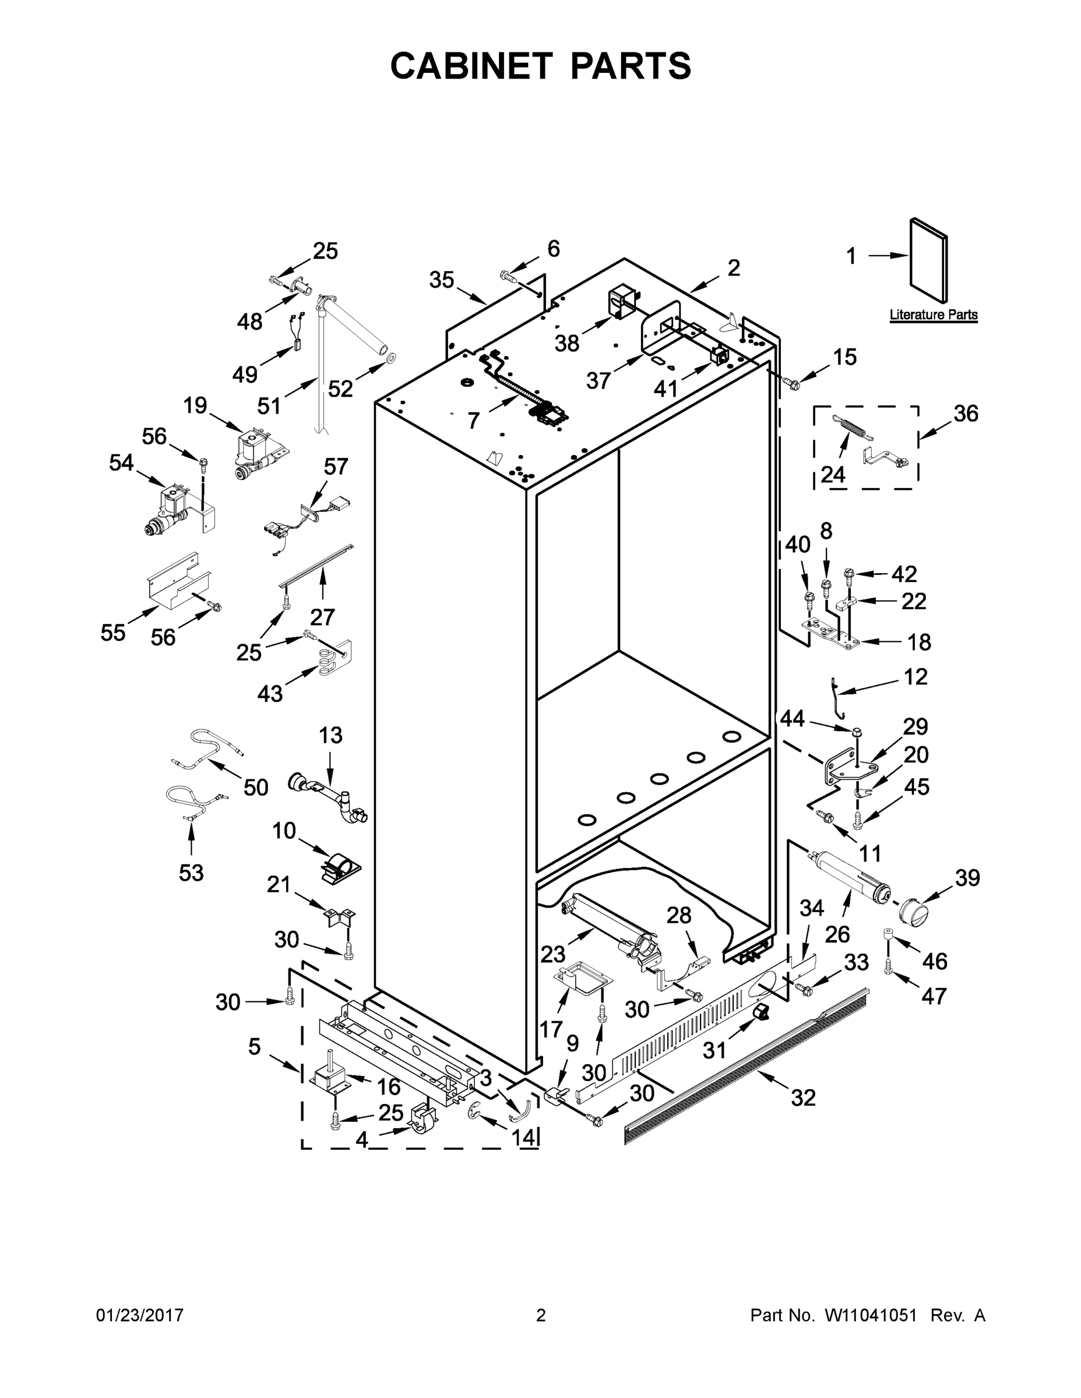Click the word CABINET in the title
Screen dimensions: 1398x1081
[471, 66]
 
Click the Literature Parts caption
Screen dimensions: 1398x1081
[933, 315]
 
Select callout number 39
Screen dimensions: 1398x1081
[967, 878]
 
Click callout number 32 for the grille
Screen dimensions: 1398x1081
[803, 1098]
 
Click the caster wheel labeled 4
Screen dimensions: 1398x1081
[420, 1121]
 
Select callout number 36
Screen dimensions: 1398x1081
[966, 414]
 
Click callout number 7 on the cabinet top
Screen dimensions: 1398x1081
[473, 421]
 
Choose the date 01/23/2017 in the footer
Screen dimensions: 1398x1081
[140, 1315]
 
